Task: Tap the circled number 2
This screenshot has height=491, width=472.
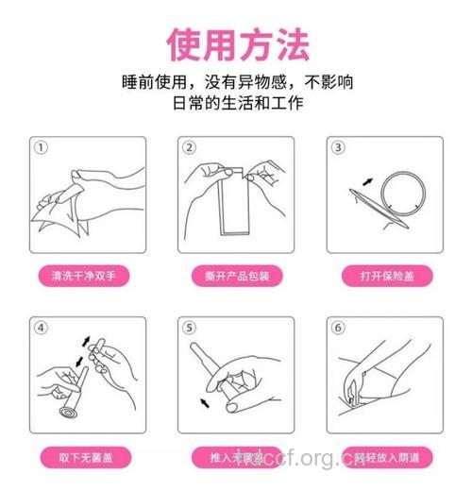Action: [x=189, y=148]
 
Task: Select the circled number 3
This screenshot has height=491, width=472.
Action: [x=339, y=148]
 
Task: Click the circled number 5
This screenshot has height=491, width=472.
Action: [x=189, y=328]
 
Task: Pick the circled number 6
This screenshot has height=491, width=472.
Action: [x=339, y=328]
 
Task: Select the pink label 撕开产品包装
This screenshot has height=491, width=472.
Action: [x=236, y=277]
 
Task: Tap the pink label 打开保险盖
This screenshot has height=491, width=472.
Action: [x=385, y=277]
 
